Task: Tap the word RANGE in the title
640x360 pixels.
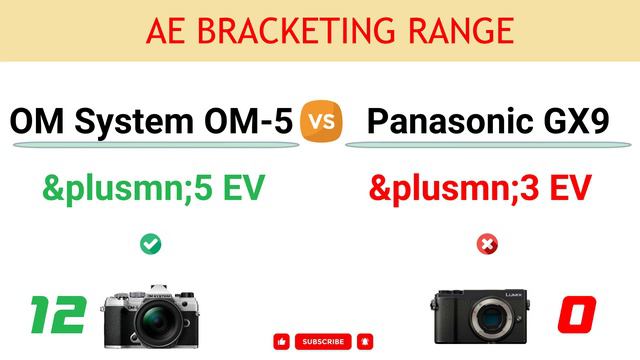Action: [x=459, y=31]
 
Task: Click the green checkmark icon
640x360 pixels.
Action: [x=151, y=243]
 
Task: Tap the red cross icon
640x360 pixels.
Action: [x=488, y=243]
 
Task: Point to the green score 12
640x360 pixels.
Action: [x=58, y=314]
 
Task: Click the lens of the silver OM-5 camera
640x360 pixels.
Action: [x=161, y=322]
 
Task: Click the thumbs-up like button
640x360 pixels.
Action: [x=281, y=341]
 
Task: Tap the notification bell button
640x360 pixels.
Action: [x=365, y=341]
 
